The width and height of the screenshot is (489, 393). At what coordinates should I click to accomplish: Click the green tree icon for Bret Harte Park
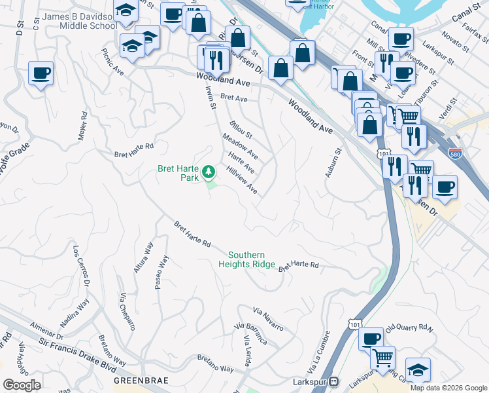(209, 172)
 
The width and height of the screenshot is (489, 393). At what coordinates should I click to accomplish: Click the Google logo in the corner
(22, 385)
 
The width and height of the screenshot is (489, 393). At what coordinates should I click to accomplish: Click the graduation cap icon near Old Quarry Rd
(418, 370)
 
